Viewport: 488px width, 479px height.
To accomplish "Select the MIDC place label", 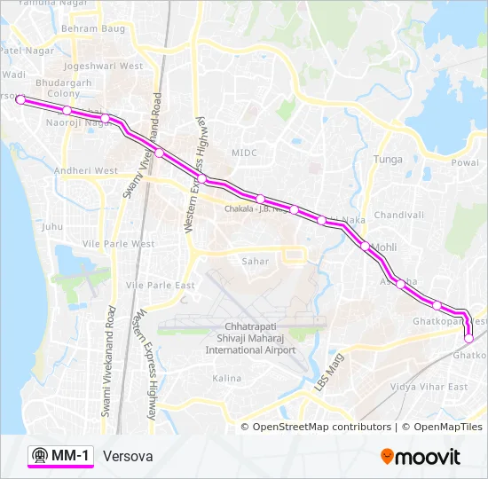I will point(244,153).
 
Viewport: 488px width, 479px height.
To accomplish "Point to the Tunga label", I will point(388,160).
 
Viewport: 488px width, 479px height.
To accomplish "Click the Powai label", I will point(465,162).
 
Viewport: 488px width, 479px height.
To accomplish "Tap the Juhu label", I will point(52,226).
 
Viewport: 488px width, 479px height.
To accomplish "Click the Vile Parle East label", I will point(160,285).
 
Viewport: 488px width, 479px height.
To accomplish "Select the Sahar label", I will point(256,261).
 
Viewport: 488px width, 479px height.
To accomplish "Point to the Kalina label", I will point(226,378).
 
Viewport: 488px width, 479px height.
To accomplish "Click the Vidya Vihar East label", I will point(429,387).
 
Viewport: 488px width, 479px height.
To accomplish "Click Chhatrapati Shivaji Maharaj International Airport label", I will point(250,338).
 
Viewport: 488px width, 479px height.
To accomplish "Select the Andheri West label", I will point(86,170).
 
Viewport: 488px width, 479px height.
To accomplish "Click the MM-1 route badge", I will point(60,456).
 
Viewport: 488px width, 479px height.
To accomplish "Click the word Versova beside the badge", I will point(128,456).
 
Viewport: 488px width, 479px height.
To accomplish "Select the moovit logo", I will point(421,457).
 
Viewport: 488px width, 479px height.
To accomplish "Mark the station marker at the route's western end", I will point(20,100).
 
